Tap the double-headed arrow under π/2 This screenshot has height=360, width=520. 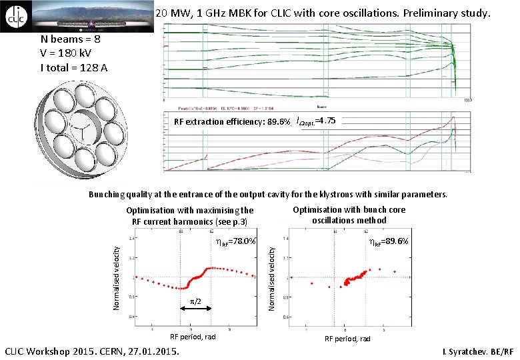196,308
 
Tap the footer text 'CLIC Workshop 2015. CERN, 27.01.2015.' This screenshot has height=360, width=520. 92,351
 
